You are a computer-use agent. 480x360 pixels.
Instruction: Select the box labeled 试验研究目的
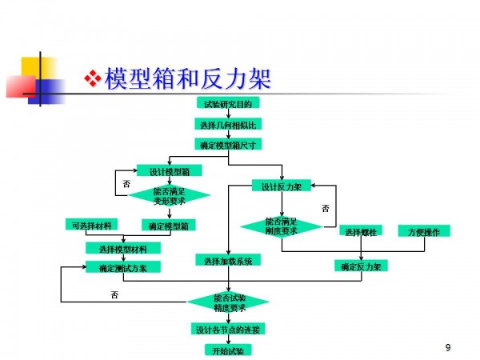(x=228, y=103)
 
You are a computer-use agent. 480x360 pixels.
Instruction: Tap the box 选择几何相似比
(x=228, y=124)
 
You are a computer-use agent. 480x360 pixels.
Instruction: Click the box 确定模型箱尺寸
(x=228, y=145)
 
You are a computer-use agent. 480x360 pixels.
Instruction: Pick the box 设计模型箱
(x=169, y=170)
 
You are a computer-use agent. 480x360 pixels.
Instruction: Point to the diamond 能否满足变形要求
(x=169, y=196)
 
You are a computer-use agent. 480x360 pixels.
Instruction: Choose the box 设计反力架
(x=281, y=186)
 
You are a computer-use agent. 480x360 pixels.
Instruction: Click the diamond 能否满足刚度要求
(x=281, y=226)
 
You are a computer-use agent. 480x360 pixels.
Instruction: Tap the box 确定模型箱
(x=169, y=226)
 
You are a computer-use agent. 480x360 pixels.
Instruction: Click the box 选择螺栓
(x=361, y=231)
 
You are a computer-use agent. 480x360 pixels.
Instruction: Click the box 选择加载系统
(x=228, y=261)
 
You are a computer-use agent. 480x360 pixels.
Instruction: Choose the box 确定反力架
(x=360, y=266)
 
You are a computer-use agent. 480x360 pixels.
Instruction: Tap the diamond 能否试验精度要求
(x=229, y=302)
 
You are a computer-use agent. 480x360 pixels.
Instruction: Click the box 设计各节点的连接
(x=228, y=330)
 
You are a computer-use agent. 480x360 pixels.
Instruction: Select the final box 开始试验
(x=228, y=350)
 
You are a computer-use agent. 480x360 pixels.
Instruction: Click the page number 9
(x=448, y=347)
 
